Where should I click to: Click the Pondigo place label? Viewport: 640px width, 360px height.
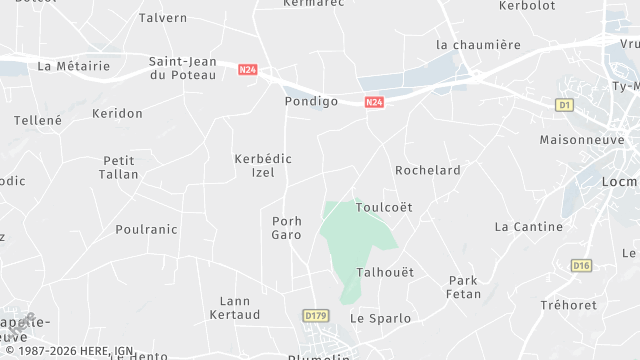click(x=311, y=102)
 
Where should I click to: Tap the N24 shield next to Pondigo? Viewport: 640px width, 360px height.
click(x=374, y=102)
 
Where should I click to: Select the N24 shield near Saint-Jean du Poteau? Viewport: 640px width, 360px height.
click(x=248, y=70)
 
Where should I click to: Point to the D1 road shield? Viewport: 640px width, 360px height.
click(x=565, y=105)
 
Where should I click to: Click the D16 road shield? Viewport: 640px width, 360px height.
click(x=581, y=265)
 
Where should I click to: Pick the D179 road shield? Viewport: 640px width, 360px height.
click(x=315, y=316)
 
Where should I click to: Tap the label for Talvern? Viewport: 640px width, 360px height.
click(x=163, y=18)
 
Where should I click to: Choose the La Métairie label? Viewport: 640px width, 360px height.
click(x=73, y=66)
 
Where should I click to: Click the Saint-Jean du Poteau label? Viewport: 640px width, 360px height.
click(x=182, y=68)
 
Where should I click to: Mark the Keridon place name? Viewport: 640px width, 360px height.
click(x=117, y=114)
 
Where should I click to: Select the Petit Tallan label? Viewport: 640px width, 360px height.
click(x=119, y=167)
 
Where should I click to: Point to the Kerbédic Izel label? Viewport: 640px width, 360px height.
click(x=262, y=166)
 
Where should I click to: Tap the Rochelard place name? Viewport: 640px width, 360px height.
click(x=428, y=170)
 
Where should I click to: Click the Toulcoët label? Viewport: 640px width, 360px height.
click(x=384, y=207)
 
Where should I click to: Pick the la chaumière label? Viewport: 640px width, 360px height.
click(x=479, y=45)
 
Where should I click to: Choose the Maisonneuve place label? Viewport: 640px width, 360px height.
click(x=581, y=139)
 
